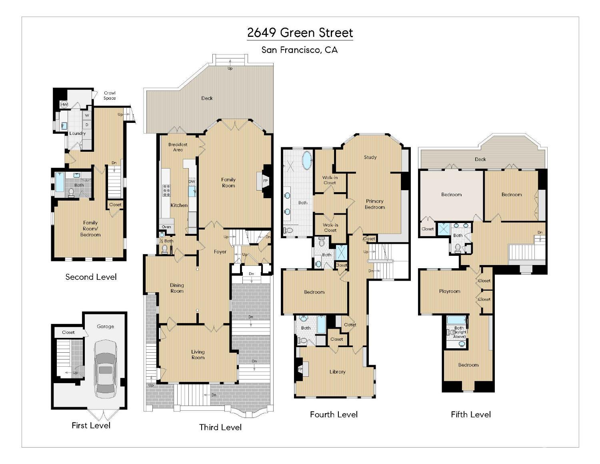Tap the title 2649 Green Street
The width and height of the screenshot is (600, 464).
coord(300,33)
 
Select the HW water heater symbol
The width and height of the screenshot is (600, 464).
coord(64,104)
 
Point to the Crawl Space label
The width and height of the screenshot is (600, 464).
coord(110,96)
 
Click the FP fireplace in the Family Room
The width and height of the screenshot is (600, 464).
coord(265,181)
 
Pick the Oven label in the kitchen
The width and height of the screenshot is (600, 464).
coord(166,227)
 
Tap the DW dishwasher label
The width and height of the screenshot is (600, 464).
coord(192,181)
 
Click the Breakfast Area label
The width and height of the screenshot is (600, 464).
coord(178,147)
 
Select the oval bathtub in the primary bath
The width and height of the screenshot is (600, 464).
coord(307,161)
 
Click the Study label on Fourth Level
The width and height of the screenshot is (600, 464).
coord(370,157)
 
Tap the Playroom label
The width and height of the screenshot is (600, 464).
coord(450,291)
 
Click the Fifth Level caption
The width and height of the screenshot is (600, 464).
coord(470,414)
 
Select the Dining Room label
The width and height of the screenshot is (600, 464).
coord(177,288)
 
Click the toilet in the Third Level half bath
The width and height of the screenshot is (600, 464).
coord(164,249)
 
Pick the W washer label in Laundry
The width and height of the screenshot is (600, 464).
coord(87,116)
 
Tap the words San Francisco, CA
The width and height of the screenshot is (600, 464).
coord(299,50)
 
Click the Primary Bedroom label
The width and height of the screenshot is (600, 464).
coord(374,204)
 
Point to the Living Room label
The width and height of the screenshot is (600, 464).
coord(198,355)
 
